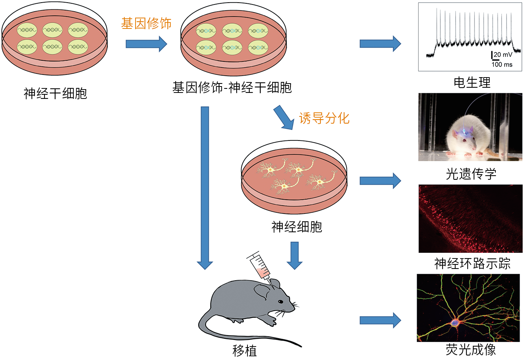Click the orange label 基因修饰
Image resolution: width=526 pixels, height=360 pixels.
[x=146, y=24]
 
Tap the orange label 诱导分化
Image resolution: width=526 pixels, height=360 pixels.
[x=324, y=118]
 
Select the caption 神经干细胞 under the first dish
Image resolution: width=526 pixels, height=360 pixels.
[x=55, y=93]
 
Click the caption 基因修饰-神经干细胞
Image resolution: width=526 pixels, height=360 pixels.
[x=232, y=88]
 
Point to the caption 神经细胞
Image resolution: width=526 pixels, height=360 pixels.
[x=297, y=227]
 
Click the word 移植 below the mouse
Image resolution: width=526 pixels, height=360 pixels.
[x=244, y=351]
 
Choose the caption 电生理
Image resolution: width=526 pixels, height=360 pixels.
[x=472, y=82]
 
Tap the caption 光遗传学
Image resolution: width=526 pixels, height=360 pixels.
[x=471, y=174]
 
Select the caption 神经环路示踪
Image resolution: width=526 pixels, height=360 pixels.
[x=472, y=263]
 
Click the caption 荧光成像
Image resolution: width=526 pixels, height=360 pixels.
[x=471, y=350]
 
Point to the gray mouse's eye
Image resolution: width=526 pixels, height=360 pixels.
[x=280, y=302]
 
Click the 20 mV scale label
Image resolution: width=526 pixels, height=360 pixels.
[x=503, y=55]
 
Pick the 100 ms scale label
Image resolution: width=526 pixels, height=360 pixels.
[x=502, y=64]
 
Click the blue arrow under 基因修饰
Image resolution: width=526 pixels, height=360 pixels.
[x=146, y=44]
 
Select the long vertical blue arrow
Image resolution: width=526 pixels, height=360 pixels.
[x=205, y=187]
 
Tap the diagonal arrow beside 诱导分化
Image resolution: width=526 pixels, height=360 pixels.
[x=283, y=118]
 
